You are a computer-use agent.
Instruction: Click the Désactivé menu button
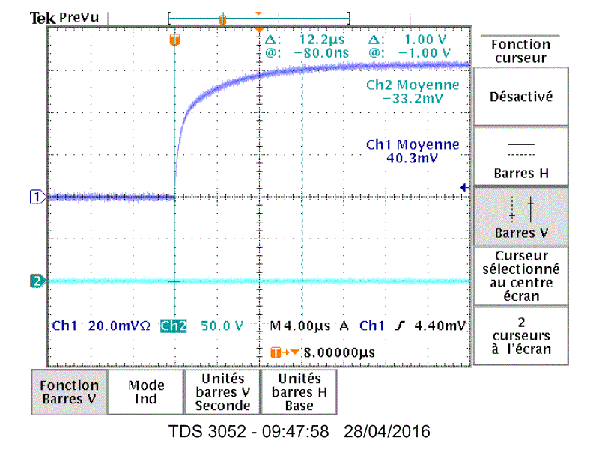[x=520, y=97]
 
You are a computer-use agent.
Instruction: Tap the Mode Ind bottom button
[x=146, y=391]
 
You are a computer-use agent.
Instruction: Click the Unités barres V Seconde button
[x=222, y=391]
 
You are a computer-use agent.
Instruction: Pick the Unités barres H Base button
[x=297, y=391]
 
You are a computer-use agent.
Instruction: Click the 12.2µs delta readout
[x=321, y=40]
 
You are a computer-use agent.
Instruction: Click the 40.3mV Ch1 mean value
[x=413, y=158]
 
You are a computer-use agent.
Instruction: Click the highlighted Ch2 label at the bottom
[x=174, y=326]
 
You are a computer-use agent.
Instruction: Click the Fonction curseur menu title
[x=520, y=51]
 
